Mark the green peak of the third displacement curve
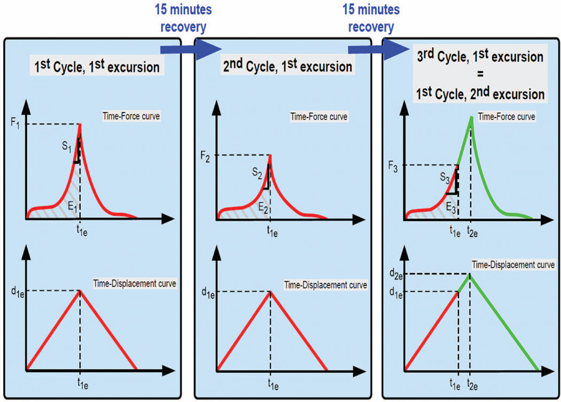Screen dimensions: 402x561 pos(470,275)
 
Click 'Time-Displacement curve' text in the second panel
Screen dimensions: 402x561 pos(325,285)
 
